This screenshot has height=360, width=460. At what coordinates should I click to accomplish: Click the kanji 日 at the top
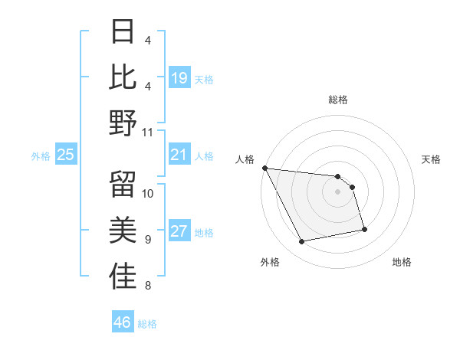coord(123,31)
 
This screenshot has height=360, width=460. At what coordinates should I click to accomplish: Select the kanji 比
coord(123,77)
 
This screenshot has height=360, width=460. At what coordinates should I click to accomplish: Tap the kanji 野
coord(123,123)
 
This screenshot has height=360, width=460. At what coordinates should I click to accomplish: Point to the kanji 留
coord(123,185)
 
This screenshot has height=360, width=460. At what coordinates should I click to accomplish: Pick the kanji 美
coord(123,231)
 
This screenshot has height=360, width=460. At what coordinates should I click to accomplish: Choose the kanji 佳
coord(123,277)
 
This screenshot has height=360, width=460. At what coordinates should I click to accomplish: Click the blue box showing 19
coord(179,77)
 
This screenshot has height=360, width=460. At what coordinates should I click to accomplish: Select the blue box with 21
coord(179,155)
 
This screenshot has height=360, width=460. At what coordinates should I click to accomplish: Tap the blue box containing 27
coord(179,231)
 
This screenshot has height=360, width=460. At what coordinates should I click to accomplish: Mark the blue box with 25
coord(66,155)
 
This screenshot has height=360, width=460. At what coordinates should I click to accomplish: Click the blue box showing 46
coord(123,322)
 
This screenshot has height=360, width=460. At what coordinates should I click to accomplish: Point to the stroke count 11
coord(148,132)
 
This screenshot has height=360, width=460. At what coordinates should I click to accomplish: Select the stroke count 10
coord(148,193)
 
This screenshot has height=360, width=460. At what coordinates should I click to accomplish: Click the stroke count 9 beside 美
coord(148,240)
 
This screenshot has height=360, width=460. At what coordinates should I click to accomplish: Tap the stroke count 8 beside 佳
coord(148,286)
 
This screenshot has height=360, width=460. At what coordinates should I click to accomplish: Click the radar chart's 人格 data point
coord(264,168)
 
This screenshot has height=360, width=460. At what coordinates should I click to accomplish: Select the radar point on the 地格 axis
coord(363,229)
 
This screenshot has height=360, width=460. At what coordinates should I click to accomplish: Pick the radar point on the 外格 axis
coord(302,242)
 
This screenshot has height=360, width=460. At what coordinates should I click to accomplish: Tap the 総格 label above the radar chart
coord(337,100)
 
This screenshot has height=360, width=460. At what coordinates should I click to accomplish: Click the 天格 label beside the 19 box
coord(204,79)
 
